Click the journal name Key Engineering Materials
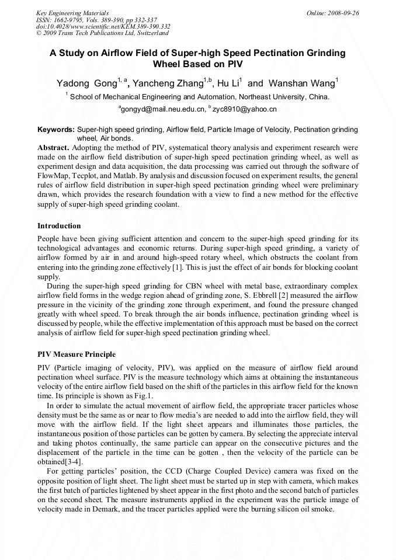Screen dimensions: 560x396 tap(72, 12)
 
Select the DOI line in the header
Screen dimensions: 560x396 tap(103, 26)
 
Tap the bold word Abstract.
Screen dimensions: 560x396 tap(53, 148)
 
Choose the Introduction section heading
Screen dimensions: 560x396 tap(59, 226)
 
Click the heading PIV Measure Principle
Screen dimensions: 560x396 tap(77, 354)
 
